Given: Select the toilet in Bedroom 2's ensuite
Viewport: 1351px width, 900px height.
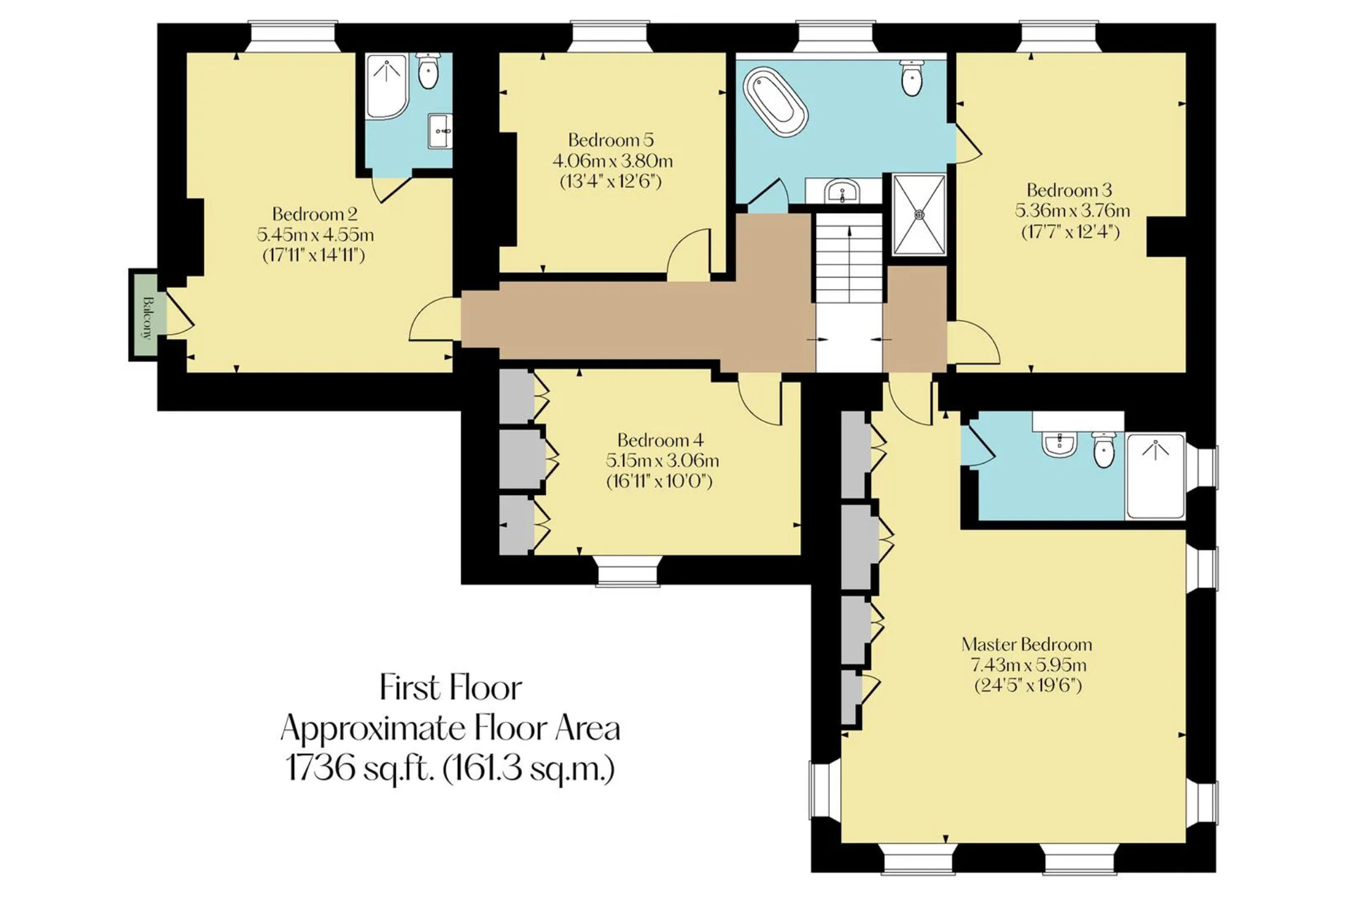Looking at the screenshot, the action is pos(428,70).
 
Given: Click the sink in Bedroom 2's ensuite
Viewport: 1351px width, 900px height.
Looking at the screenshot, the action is pos(440,131).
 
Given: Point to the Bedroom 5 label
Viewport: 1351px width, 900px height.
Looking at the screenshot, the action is pos(611,139).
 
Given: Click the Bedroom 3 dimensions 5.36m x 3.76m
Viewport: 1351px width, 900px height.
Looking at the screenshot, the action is pos(1072,210).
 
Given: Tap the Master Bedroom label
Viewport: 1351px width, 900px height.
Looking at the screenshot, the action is pos(1027,644).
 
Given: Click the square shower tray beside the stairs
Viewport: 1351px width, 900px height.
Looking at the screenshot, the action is pos(920,214).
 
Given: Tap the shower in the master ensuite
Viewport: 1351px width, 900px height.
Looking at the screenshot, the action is pos(1155,476).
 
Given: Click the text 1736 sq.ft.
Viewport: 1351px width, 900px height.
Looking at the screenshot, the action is pos(359,768).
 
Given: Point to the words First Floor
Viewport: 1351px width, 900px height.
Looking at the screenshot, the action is pos(451,688).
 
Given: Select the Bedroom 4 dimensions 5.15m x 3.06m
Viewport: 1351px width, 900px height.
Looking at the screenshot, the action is pos(662,461).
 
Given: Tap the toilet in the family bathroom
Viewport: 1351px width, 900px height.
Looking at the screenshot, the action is pos(911,77).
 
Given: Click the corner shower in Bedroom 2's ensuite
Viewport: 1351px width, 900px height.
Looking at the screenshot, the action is pos(386,86).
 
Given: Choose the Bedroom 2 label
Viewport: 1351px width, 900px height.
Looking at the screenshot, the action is pos(315,214).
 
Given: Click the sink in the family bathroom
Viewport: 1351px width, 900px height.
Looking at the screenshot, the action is pos(842,191).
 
